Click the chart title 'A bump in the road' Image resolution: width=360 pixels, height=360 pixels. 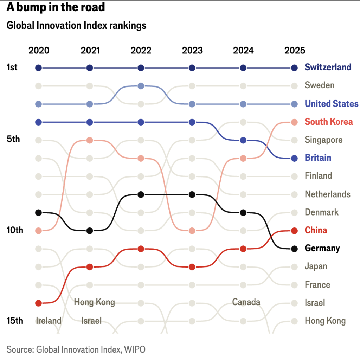point(56,7)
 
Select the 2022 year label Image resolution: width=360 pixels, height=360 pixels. point(141,50)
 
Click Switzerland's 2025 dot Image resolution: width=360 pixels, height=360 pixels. point(294,67)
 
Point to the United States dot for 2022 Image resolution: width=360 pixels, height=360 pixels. point(141,86)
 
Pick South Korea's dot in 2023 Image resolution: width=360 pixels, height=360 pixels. point(192,231)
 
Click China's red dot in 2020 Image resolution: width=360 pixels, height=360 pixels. point(39,303)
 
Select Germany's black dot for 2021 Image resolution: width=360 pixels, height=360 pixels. point(90,231)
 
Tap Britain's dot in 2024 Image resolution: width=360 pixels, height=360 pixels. point(243,140)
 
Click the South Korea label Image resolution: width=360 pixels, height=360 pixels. point(329,122)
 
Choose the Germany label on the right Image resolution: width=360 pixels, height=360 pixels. point(322,248)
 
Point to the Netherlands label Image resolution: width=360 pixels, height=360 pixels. point(327,194)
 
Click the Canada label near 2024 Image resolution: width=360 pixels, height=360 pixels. point(246,302)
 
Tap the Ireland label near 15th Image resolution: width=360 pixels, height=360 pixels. point(49,321)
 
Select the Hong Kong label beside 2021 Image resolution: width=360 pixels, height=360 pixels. point(94,302)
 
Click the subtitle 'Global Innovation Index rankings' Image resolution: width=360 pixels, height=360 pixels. point(76,26)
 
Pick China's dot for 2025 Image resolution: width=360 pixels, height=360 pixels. point(294,231)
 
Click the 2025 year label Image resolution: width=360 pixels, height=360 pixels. point(295,50)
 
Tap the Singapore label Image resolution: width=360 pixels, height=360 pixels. point(323,140)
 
